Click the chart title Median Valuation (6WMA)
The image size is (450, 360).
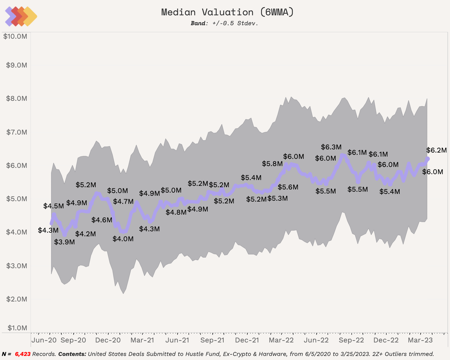click(227, 12)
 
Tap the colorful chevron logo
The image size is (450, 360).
click(21, 16)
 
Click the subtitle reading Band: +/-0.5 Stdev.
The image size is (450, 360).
click(225, 23)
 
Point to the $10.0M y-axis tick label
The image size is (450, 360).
click(15, 36)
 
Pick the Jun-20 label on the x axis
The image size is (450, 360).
click(44, 340)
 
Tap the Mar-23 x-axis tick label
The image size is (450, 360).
click(420, 340)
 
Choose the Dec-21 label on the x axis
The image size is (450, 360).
click(247, 340)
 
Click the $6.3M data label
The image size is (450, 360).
click(331, 147)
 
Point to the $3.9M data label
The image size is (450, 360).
click(64, 242)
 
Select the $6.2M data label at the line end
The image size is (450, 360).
click(436, 150)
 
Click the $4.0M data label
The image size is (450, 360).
click(123, 238)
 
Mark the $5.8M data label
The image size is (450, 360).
click(272, 163)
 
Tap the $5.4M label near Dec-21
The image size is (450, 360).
click(251, 177)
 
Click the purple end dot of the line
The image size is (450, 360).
click(427, 159)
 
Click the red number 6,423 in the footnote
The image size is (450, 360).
click(23, 354)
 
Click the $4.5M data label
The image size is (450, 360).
click(54, 206)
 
